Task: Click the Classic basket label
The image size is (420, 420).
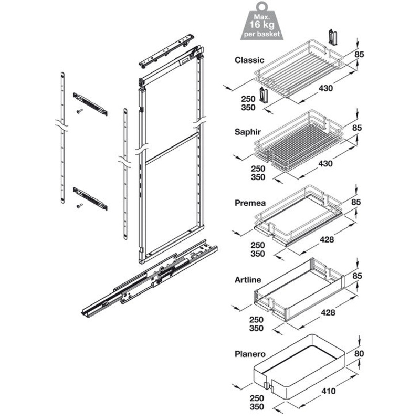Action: pyautogui.click(x=250, y=60)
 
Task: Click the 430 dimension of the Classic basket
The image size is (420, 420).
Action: pyautogui.click(x=325, y=88)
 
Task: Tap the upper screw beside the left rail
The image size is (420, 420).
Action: pyautogui.click(x=79, y=111)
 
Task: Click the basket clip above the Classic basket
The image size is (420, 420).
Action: pyautogui.click(x=331, y=37)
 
